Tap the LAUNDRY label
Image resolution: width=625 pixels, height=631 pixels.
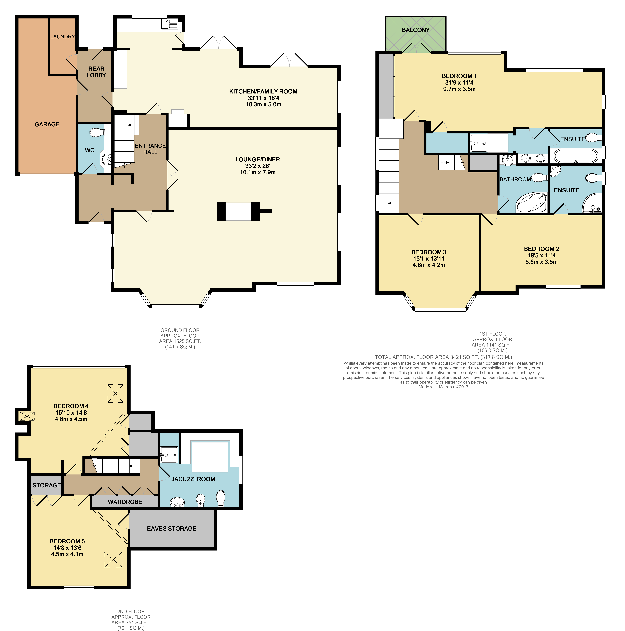(x=62, y=37)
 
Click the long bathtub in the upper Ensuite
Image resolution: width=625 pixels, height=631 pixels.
(x=576, y=156)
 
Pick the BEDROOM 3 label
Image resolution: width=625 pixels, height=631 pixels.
(x=429, y=252)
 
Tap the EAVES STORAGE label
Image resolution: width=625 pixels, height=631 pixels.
(x=172, y=528)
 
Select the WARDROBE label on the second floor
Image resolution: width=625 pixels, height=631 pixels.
(x=125, y=502)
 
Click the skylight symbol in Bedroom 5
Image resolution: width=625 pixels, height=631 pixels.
(x=113, y=559)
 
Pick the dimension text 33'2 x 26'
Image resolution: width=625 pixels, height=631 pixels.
(x=258, y=166)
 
